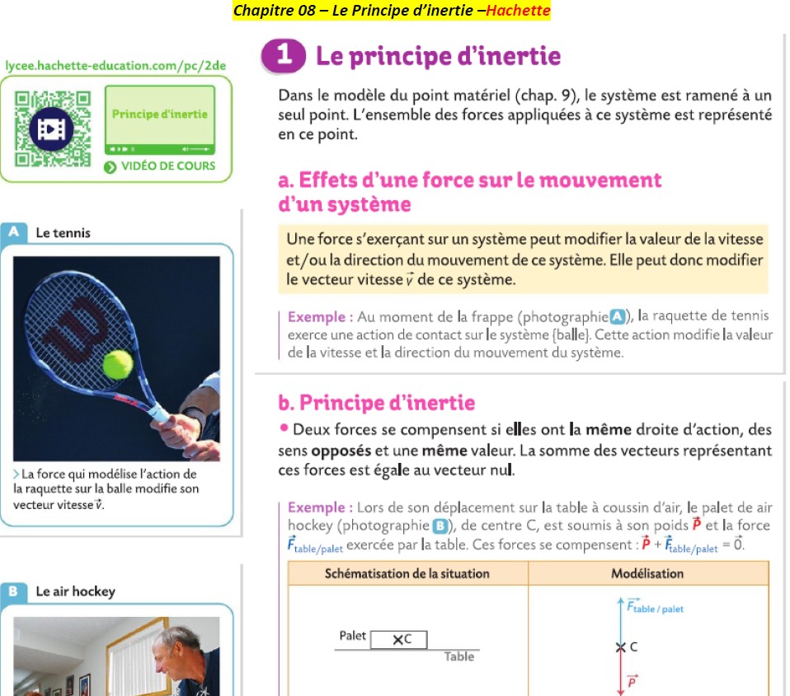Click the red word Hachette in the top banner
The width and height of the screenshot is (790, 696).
pos(518,10)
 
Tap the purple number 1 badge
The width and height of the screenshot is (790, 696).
pos(283,55)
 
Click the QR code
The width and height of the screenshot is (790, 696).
pos(53,128)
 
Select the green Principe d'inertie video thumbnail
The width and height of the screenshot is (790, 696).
pos(160,119)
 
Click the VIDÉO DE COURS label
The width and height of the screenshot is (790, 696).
pos(168,166)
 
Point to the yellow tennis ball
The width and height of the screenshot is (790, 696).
pos(118,364)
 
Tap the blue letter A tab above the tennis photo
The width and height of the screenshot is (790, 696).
pos(13,232)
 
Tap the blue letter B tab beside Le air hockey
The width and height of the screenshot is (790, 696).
pos(13,591)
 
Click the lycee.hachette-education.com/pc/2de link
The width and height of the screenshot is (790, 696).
pos(115,65)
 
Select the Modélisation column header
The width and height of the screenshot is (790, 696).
pos(647,574)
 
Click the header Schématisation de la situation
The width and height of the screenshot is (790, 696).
pos(407,574)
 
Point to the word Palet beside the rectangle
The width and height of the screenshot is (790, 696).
pos(352,636)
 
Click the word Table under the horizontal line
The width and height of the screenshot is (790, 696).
pos(459,656)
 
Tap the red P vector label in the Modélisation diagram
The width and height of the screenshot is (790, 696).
pos(632,681)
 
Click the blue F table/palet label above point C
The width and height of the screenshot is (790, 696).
pos(655,606)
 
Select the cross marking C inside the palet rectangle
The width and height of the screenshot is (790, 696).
pos(398,640)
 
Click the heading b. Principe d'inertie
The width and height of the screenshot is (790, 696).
pos(376,403)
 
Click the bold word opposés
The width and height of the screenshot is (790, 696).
pos(341,451)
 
